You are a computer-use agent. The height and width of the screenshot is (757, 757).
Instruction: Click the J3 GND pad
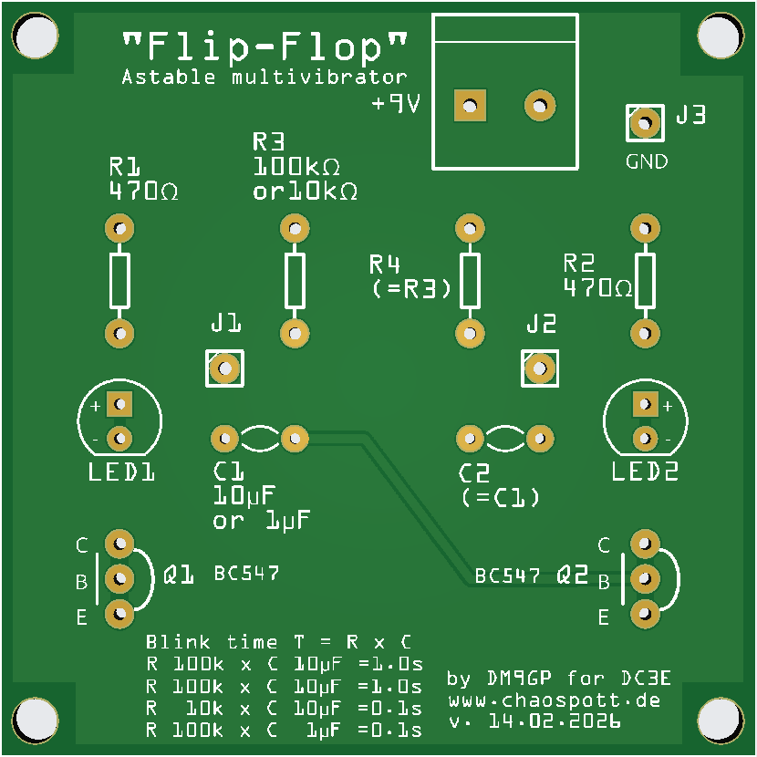coord(645,122)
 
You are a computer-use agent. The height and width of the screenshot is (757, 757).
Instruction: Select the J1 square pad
coord(224,368)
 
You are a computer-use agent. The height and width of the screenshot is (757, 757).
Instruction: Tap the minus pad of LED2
coord(646,438)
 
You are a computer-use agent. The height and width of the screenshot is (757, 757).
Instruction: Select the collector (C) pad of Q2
coord(644,544)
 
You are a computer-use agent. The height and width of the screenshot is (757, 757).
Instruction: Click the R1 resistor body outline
coord(119,280)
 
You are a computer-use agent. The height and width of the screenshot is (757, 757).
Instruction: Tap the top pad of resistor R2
coord(645,227)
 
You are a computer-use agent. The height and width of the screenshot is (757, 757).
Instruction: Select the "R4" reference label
coord(385,265)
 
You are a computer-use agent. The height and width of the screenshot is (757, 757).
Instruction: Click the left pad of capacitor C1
coord(223,439)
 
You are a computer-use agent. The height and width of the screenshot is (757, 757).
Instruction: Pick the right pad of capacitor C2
coord(540,439)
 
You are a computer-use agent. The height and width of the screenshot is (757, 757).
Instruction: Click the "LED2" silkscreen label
coord(645,472)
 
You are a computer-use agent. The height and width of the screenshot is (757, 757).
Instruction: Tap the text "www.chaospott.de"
coord(554,701)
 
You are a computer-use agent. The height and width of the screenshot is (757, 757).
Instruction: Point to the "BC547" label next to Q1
coord(246,574)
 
